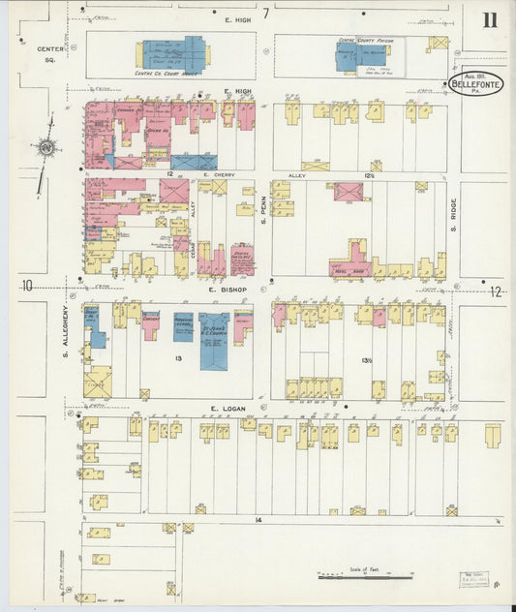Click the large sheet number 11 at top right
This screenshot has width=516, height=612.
coord(490,20)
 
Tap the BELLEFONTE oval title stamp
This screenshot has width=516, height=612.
coord(475,85)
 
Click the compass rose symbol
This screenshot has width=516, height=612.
coord(45,148)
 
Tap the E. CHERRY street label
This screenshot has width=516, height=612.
coord(220,175)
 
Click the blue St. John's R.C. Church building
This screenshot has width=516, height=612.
coord(214,340)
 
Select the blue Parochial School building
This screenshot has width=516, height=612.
coord(184,327)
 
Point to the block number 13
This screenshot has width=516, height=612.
coord(177,358)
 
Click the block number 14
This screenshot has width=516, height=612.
coord(258,520)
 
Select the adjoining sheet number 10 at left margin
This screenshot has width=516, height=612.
coord(29,285)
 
